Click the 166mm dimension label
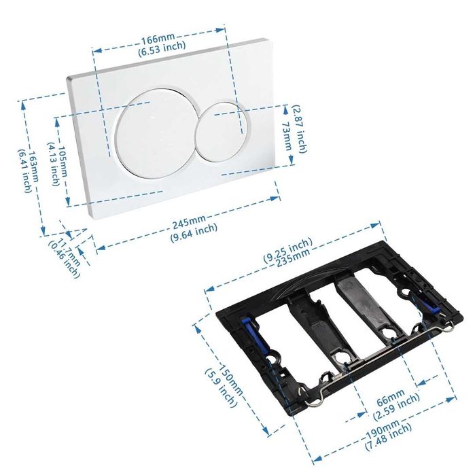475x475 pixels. tap(158, 39)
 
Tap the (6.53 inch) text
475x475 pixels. tap(162, 48)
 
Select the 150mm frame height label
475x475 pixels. tap(231, 379)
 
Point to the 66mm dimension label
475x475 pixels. tap(391, 398)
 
